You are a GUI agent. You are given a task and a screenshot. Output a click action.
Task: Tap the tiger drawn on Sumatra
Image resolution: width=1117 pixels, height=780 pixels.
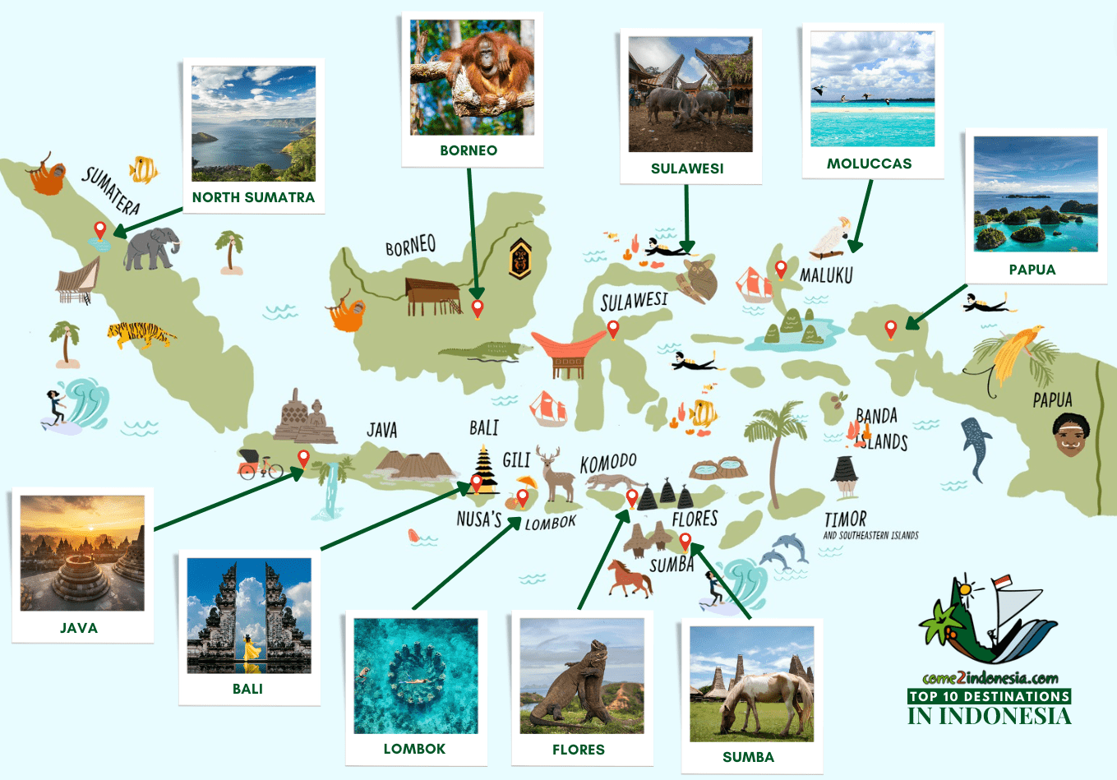tap(141, 335)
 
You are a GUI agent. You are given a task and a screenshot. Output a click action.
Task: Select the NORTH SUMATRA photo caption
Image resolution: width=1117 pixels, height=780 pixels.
tap(253, 197)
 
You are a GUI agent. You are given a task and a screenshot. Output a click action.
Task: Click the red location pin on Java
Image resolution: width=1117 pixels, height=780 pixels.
tap(303, 459)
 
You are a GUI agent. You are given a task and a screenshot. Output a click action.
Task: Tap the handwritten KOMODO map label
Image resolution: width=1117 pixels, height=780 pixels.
tap(608, 463)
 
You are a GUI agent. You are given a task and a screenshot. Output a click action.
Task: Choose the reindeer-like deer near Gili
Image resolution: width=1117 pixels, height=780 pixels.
tap(556, 473)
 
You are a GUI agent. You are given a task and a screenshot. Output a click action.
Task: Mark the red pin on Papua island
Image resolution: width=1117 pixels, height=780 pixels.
tap(891, 330)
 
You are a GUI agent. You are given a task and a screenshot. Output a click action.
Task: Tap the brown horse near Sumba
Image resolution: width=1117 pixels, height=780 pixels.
tap(630, 577)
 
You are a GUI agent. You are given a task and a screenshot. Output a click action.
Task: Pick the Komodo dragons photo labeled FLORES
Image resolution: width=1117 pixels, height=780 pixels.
tap(582, 676)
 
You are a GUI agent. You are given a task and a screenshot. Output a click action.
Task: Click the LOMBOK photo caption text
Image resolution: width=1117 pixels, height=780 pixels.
tap(414, 749)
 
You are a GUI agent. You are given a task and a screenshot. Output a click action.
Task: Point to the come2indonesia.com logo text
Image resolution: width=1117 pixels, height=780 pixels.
tap(990, 678)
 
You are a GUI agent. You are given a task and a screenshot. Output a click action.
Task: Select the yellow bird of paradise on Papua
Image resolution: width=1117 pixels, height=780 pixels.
tap(1013, 354)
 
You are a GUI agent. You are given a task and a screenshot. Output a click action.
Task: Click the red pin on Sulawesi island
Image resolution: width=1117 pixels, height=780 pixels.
tap(612, 330)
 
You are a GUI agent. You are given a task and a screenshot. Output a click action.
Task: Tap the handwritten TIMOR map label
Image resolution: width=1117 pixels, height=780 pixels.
tap(845, 519)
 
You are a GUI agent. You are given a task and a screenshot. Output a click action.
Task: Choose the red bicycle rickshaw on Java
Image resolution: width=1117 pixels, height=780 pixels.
tap(259, 464)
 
